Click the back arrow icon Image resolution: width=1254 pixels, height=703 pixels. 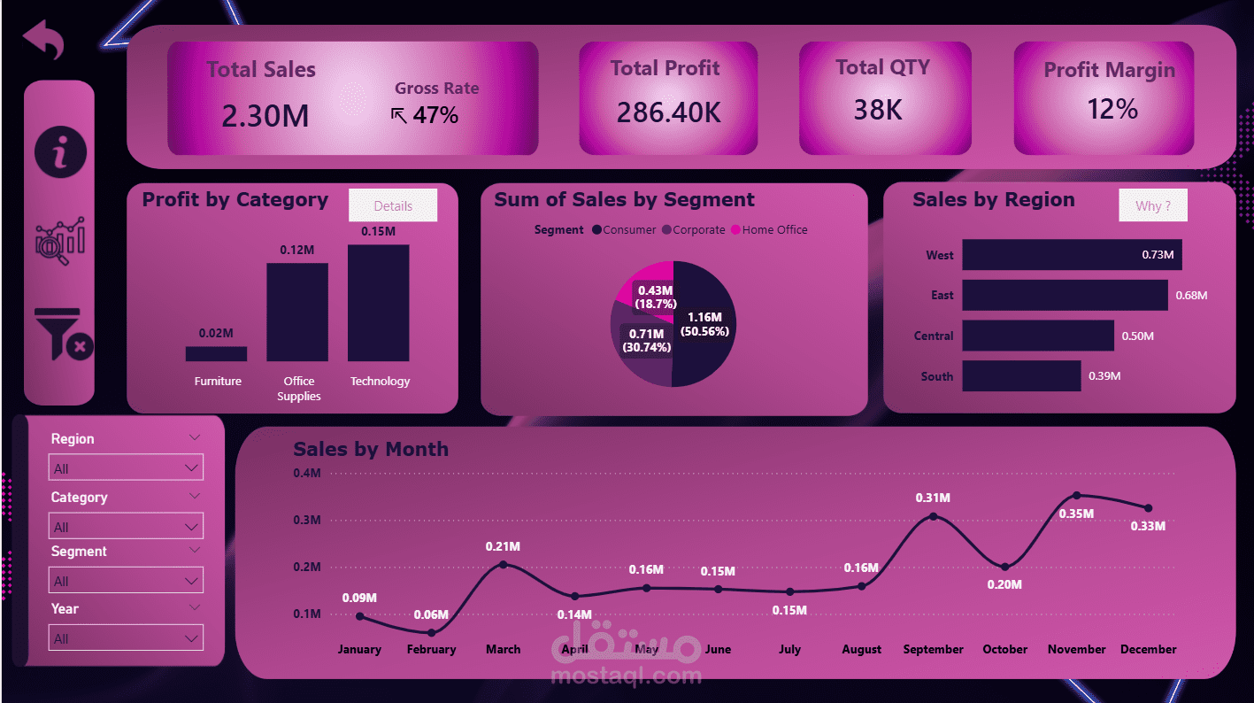[x=43, y=40]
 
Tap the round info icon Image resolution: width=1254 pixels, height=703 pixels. [x=60, y=152]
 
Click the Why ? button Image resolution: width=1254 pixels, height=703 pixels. [x=1152, y=205]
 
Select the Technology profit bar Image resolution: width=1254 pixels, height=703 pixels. [x=379, y=303]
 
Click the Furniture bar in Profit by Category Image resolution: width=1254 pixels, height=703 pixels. [x=217, y=353]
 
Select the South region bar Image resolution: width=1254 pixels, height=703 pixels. [x=1021, y=375]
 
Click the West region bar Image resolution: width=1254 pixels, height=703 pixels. [x=1071, y=255]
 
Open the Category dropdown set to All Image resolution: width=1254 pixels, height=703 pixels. [x=125, y=526]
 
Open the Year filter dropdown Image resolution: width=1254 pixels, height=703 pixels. [x=125, y=637]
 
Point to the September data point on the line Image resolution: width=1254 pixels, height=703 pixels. [x=933, y=516]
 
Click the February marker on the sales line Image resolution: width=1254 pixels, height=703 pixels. [x=431, y=632]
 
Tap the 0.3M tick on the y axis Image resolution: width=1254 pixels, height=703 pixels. [x=306, y=520]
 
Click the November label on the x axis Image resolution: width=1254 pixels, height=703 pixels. [x=1076, y=649]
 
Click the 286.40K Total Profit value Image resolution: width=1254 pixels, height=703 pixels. [x=668, y=112]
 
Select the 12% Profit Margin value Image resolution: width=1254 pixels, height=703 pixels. [x=1112, y=109]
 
